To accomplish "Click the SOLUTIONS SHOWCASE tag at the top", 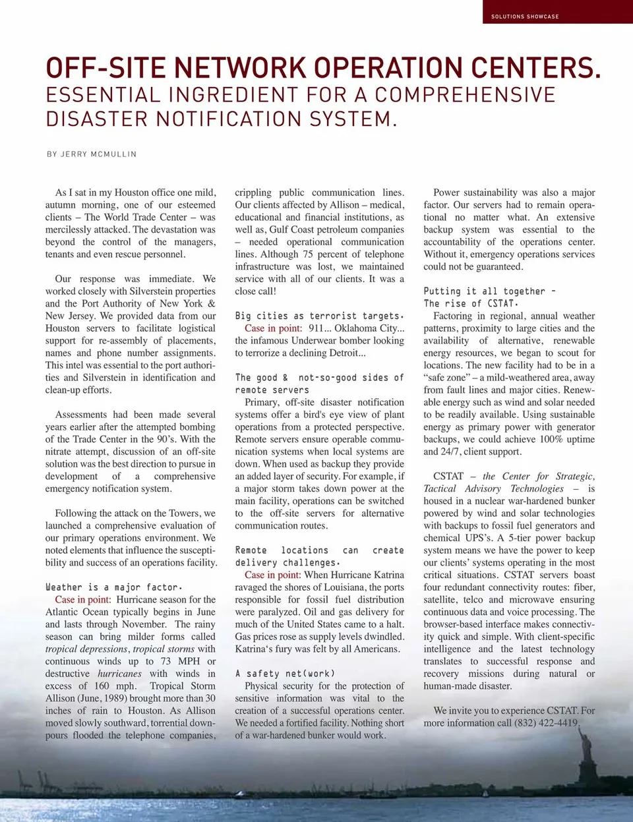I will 525,16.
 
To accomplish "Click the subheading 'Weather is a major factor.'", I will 114,587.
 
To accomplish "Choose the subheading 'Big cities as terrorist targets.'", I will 319,316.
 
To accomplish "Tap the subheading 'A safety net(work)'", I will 285,674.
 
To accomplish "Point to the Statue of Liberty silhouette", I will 585,758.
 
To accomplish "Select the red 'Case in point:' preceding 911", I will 273,328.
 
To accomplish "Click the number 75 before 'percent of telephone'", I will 307,254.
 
